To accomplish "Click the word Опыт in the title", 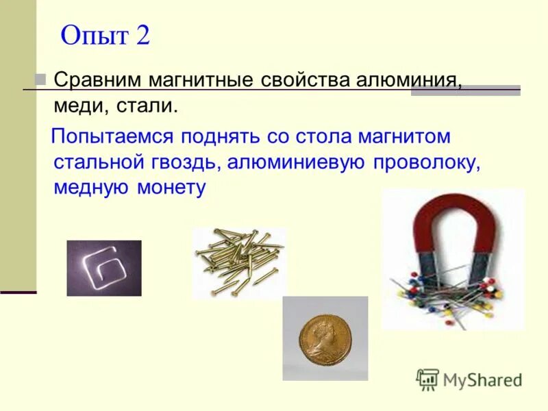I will (95, 36).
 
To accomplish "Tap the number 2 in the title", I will (142, 36).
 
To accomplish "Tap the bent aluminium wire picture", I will (104, 268).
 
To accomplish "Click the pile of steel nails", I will (238, 261).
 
